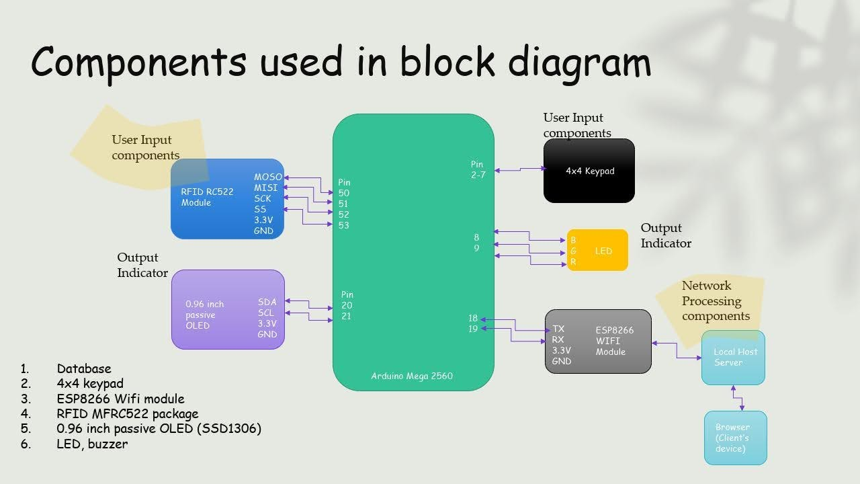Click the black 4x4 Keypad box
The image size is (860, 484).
pyautogui.click(x=589, y=171)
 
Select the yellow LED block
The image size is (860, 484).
pyautogui.click(x=597, y=250)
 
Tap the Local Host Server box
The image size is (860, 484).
pyautogui.click(x=733, y=357)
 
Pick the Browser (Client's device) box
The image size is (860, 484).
pyautogui.click(x=736, y=438)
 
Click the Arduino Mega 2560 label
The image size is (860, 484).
pyautogui.click(x=412, y=376)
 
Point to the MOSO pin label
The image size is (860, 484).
pyautogui.click(x=268, y=177)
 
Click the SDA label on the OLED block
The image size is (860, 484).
pyautogui.click(x=267, y=302)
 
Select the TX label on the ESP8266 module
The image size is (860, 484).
pyautogui.click(x=558, y=329)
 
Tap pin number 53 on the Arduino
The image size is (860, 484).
pyautogui.click(x=343, y=225)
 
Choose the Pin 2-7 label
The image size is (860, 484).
pyautogui.click(x=478, y=169)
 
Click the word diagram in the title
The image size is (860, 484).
pyautogui.click(x=580, y=63)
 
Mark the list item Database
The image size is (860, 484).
pyautogui.click(x=84, y=368)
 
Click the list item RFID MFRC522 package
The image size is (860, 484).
pyautogui.click(x=128, y=413)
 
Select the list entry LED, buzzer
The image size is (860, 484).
pyautogui.click(x=92, y=444)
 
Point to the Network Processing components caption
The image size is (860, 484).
pyautogui.click(x=716, y=300)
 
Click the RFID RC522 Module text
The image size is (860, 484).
pyautogui.click(x=207, y=197)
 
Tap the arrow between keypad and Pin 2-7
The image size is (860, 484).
pyautogui.click(x=520, y=169)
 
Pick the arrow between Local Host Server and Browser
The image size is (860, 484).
pyautogui.click(x=738, y=398)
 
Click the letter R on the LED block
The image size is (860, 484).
pyautogui.click(x=573, y=261)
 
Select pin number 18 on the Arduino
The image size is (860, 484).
pyautogui.click(x=473, y=318)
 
